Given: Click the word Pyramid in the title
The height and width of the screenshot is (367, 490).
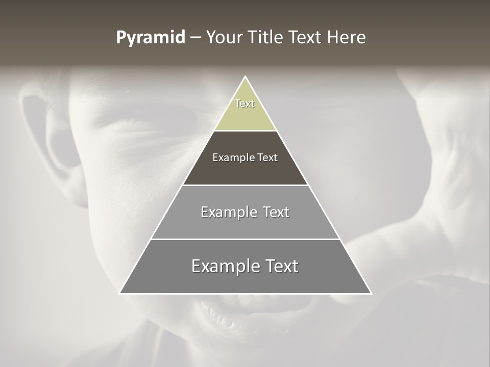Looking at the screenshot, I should coord(150,38).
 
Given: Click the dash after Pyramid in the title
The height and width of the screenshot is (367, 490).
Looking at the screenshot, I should coord(195,38).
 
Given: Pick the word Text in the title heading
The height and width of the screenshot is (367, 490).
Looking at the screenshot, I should coord(305,38).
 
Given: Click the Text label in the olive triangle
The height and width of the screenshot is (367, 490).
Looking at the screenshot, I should coord(244,103).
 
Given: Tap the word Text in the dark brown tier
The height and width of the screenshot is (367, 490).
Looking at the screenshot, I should coord(267,158).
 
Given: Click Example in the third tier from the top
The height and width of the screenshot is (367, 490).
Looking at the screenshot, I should coord(227,212).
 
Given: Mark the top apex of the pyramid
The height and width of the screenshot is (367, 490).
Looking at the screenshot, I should coord(245,77).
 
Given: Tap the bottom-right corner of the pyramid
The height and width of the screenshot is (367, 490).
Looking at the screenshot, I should coord(371,293).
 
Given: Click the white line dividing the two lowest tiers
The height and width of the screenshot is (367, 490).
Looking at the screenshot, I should coord(245,239).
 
